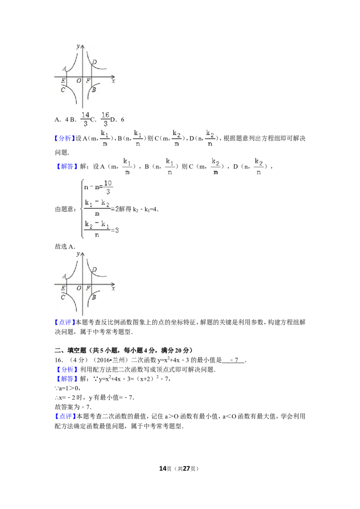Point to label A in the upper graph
(64, 69)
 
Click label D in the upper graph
(94, 62)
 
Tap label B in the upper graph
(94, 90)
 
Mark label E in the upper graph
(63, 81)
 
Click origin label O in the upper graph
(79, 81)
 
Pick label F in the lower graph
(88, 288)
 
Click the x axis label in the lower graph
(113, 289)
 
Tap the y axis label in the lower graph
(78, 254)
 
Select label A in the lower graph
(64, 276)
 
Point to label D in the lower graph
(94, 270)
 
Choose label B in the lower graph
(94, 297)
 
